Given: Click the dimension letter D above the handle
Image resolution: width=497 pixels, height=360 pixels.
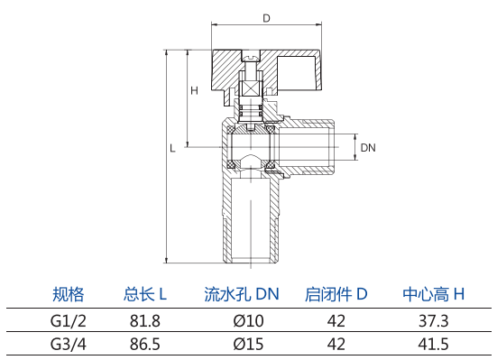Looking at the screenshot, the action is point(267,18).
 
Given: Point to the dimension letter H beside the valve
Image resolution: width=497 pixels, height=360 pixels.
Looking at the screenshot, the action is point(194,91).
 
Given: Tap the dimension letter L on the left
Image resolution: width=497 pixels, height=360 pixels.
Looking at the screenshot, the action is point(172,148).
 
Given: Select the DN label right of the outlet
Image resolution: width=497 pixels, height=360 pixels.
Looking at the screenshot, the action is point(368,147).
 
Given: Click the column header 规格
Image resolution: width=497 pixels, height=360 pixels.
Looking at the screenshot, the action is point(69,294).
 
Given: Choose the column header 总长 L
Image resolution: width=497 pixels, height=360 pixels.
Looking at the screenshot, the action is point(145,294).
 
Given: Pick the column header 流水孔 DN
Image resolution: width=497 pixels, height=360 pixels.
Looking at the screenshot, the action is point(242,294).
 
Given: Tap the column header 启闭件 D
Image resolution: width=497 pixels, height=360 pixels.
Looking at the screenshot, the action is point(336,294).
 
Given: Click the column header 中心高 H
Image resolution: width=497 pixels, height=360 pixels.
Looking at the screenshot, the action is point(433,294).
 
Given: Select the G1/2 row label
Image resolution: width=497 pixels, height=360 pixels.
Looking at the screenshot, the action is point(69,321).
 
